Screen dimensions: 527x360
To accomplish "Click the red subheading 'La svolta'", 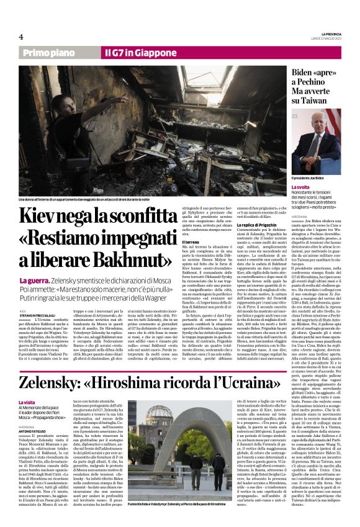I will pyautogui.click(x=301, y=187).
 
